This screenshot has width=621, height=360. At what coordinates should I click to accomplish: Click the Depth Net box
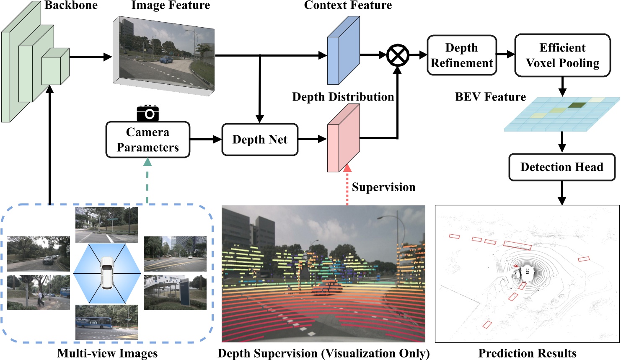pos(260,140)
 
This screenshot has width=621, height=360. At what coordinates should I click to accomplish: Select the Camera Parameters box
pos(147,140)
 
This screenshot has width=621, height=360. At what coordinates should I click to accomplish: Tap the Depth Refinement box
pos(462,55)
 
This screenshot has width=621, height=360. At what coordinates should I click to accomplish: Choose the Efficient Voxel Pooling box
pos(562,55)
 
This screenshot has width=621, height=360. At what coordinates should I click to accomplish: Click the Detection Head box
pos(561,167)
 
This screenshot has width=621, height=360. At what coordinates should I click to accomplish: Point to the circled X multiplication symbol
pos(397,55)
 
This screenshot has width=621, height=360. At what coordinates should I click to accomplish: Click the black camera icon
pos(147,113)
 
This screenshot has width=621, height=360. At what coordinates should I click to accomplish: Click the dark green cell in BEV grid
pos(577,105)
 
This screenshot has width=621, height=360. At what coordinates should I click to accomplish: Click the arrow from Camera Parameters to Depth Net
pos(205,140)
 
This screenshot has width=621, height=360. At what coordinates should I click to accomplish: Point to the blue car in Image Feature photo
pos(166,60)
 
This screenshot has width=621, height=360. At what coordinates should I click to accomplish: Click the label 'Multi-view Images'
pos(107,353)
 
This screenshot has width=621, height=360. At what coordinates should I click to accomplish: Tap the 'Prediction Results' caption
pos(527,353)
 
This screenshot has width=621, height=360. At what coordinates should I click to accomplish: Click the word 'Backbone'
pos(71,5)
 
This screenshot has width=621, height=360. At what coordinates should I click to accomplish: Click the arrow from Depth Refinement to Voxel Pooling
pos(506,54)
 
